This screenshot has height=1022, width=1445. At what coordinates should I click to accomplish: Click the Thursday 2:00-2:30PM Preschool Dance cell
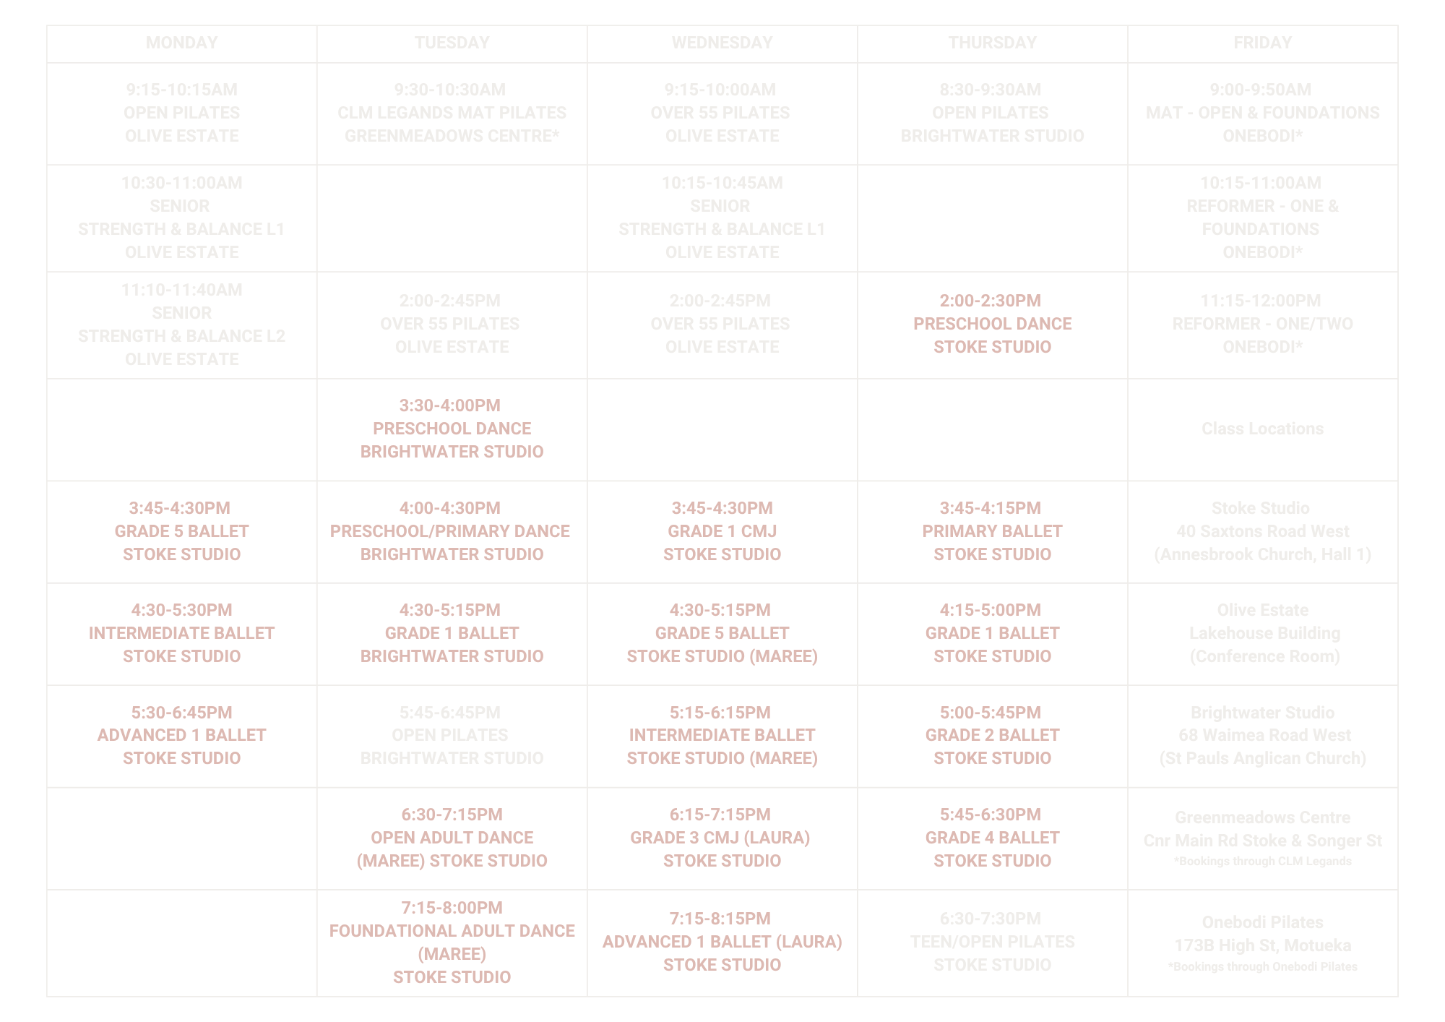(992, 324)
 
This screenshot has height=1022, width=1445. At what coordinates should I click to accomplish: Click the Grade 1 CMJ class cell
(722, 531)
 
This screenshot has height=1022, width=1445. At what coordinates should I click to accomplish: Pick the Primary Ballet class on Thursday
(992, 531)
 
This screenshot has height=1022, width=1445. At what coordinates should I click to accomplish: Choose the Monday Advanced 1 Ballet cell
(181, 735)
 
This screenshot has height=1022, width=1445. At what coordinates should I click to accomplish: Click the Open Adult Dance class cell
(452, 838)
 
